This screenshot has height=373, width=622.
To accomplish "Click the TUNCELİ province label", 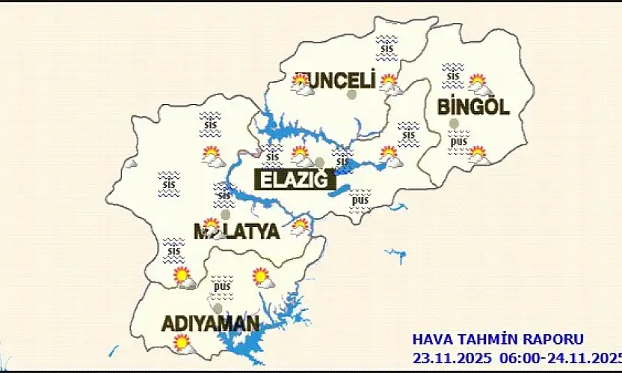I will [x=335, y=81].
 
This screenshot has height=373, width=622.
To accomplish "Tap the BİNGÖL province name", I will [x=473, y=107].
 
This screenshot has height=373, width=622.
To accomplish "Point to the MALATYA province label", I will [x=236, y=231].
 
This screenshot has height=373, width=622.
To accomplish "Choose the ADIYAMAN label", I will [x=211, y=324].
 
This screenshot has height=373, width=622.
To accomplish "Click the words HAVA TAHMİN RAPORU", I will [x=498, y=340].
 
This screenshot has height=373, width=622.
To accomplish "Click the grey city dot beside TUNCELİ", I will [x=352, y=94].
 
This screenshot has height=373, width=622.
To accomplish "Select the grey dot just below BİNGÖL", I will [x=453, y=123].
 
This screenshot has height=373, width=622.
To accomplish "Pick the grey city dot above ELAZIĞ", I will [x=320, y=163].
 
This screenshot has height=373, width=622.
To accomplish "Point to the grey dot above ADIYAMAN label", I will [x=218, y=308].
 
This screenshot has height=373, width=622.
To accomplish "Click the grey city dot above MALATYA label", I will [x=226, y=214].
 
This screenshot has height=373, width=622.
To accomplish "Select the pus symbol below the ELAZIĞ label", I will [x=360, y=200].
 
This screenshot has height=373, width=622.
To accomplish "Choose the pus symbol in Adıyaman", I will [x=221, y=285].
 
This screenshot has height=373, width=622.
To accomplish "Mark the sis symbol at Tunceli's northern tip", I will [x=387, y=45].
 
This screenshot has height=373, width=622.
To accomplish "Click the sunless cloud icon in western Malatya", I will [x=129, y=163].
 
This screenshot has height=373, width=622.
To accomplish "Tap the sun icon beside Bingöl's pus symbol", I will [x=478, y=155].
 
